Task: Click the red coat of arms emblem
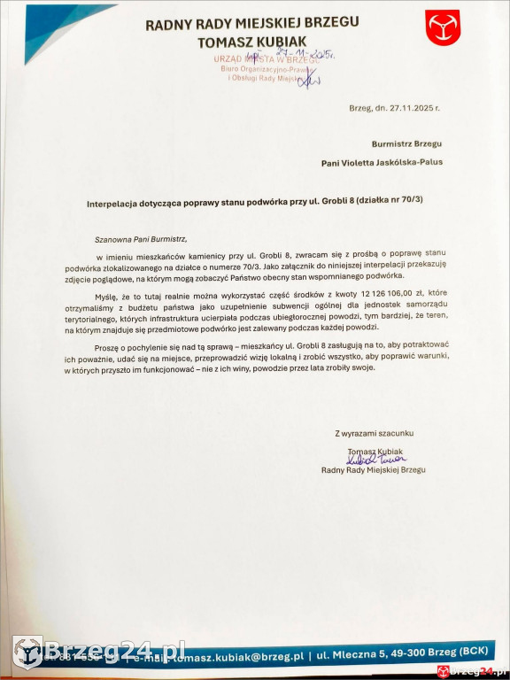[x=443, y=27]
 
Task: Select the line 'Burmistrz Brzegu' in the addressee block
[x=407, y=143]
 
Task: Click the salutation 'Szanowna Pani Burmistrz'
[x=142, y=238]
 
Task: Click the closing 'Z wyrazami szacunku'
[x=374, y=433]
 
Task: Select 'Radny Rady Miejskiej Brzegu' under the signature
[x=373, y=470]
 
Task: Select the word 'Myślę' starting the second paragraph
[x=108, y=291]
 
